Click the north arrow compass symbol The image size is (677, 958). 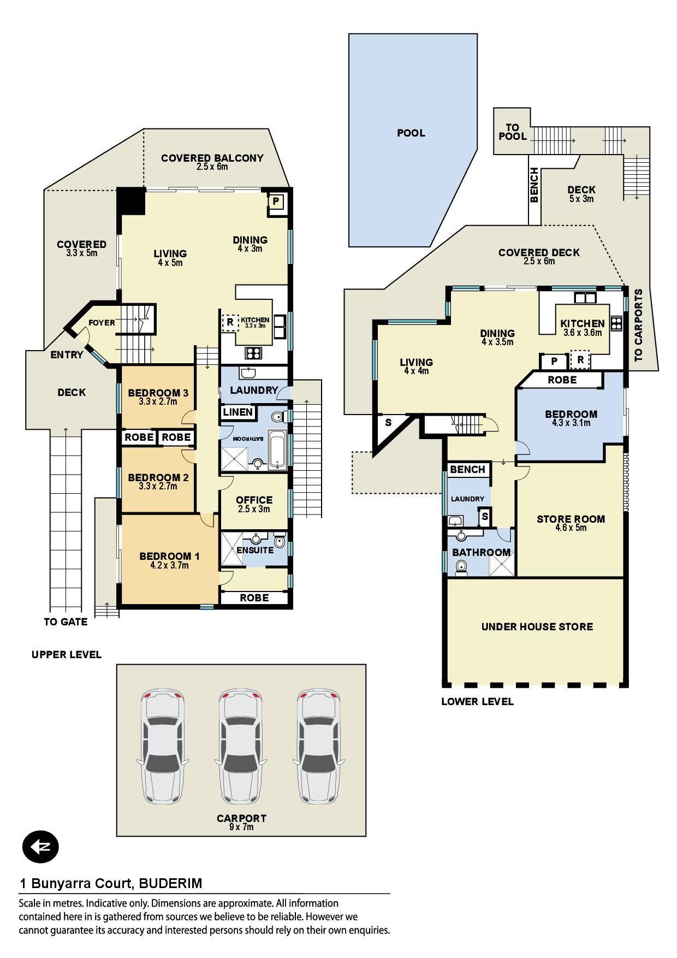pos(40,847)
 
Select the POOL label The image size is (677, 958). pos(411,133)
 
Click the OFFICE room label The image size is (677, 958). pos(254,500)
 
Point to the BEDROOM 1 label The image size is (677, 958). pos(169,556)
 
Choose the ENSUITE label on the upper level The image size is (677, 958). pos(255,550)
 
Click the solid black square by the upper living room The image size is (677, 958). pos(131,201)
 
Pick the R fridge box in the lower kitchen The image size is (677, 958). pos(580,360)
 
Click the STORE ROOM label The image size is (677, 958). pos(571,519)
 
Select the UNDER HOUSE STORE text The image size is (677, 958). pos(537,626)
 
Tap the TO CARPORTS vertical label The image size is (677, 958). pos(638,325)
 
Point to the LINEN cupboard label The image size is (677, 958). pos(238,412)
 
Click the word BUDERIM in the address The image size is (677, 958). pos(170,883)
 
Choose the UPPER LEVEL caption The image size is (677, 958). pos(67,654)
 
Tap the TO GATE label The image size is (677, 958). pos(66,622)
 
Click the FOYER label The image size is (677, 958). pos(102,323)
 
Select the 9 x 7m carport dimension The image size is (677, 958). pos(241,827)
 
